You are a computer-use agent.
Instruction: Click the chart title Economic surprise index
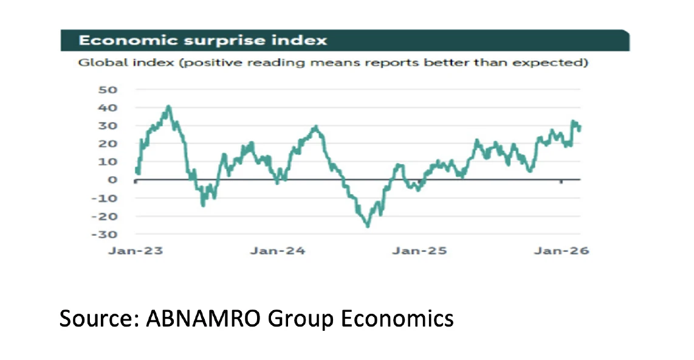click(203, 40)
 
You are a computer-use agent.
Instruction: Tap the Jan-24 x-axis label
click(277, 251)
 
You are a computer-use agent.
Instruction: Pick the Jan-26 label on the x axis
click(561, 251)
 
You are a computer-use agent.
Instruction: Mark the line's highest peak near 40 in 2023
click(168, 107)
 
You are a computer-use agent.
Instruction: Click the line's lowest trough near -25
click(368, 226)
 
